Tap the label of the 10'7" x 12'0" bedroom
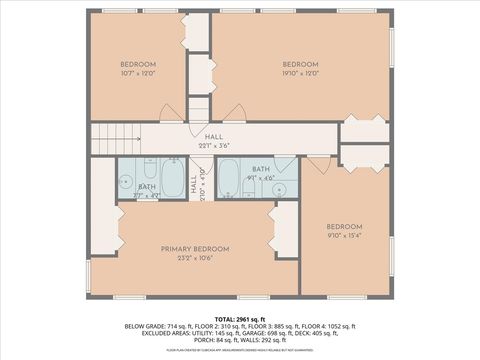(x=139, y=65)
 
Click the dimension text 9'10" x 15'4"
(x=343, y=235)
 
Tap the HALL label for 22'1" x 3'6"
(x=213, y=136)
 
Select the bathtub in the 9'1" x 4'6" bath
(x=228, y=179)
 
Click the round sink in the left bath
(x=126, y=182)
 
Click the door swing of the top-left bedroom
(x=173, y=113)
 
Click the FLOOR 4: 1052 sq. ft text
(x=328, y=326)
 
